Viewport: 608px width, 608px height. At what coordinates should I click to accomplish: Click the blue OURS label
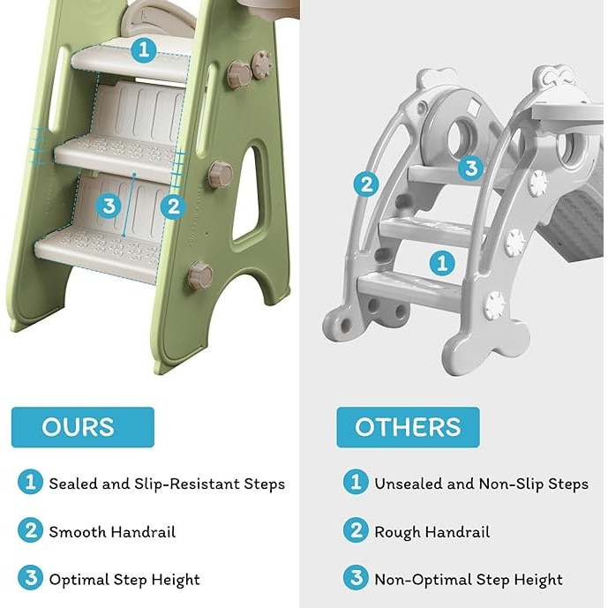83,427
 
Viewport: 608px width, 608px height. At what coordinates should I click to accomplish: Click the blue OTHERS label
408,427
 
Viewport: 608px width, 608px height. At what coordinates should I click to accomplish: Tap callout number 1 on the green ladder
144,49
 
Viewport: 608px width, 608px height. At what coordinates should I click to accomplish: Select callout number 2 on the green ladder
173,206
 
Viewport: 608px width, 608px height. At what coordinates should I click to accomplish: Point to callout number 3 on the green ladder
109,206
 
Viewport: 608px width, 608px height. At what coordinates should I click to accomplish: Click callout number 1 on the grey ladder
442,264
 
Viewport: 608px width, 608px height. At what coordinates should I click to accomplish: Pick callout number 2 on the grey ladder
366,184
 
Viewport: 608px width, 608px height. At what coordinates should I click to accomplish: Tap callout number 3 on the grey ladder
471,168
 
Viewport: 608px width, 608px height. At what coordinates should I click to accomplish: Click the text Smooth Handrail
112,532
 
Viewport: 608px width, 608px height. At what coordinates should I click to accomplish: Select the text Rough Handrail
432,532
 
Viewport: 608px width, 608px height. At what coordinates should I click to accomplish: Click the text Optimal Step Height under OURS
124,580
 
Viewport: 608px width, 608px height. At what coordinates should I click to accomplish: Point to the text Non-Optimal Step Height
468,580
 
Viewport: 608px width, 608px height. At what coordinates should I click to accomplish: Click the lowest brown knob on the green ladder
200,275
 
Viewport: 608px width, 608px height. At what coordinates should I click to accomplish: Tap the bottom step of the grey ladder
409,289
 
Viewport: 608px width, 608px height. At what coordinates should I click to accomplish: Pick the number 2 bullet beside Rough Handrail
356,530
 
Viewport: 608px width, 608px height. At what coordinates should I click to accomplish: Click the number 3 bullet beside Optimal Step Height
30,578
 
